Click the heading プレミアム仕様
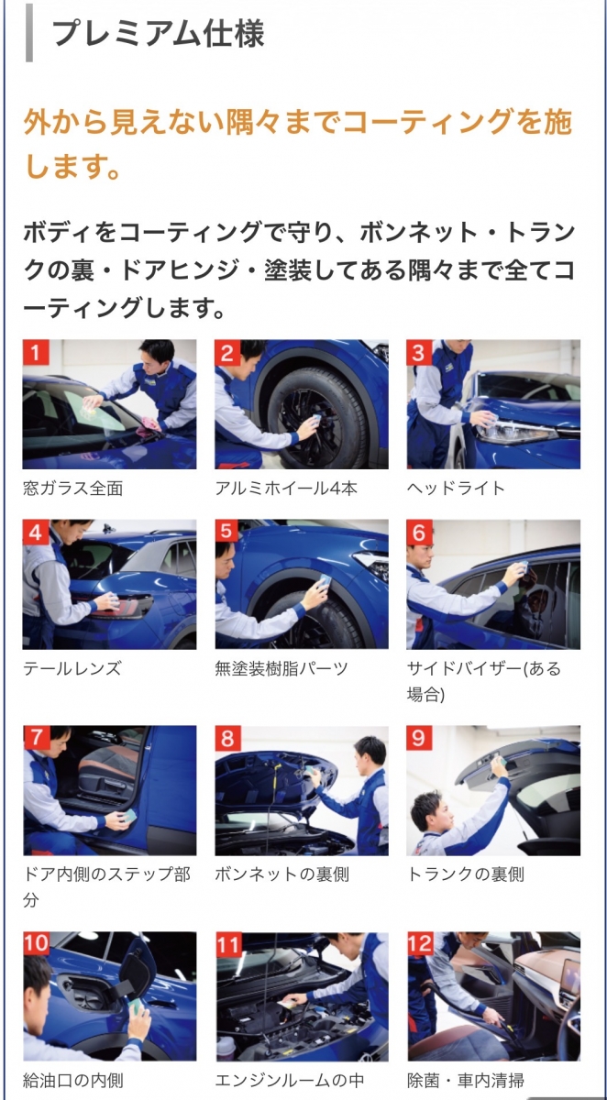point(158,33)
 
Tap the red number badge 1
point(36,352)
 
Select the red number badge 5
point(226,532)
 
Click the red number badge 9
point(419,738)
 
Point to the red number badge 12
point(420,943)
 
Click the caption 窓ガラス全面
point(72,489)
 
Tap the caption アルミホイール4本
point(286,489)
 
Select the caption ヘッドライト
point(456,489)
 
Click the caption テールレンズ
point(72,668)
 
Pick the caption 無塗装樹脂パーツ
point(281,668)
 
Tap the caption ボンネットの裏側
point(281,874)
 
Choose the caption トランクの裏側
point(466,874)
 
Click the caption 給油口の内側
point(72,1081)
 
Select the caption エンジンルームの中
point(289,1081)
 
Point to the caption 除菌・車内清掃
point(466,1081)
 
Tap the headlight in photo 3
point(521,430)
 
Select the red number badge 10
point(37,943)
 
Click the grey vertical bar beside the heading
point(29,33)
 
